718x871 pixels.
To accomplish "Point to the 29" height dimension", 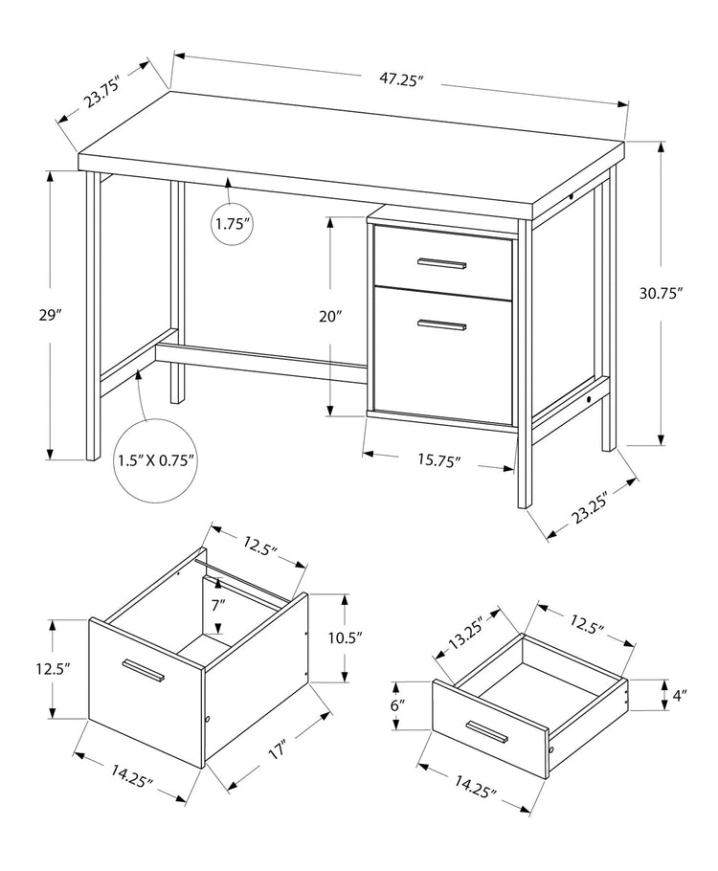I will pos(52,315).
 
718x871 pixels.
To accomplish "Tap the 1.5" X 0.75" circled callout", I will pos(157,461).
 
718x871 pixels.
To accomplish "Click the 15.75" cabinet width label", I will pos(438,461).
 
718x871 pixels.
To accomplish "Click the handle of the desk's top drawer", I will pos(441,262).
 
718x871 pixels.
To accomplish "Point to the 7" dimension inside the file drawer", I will pos(218,604).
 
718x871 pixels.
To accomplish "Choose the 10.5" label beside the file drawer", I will pos(344,637).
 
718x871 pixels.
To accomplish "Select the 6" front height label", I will pos(398,705).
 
